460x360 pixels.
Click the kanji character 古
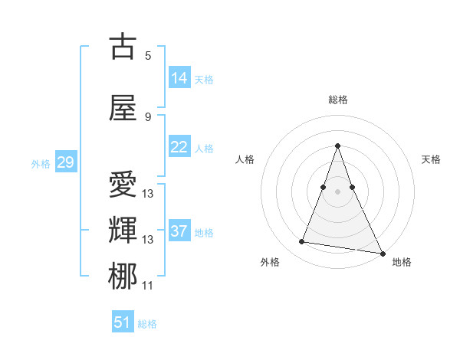pyautogui.click(x=123, y=47)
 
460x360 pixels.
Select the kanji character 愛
pyautogui.click(x=123, y=185)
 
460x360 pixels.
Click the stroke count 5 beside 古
pyautogui.click(x=148, y=55)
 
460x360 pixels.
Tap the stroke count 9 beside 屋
pyautogui.click(x=148, y=116)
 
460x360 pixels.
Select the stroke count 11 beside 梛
pyautogui.click(x=148, y=286)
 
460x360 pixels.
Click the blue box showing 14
pyautogui.click(x=179, y=78)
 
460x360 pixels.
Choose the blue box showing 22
pyautogui.click(x=179, y=147)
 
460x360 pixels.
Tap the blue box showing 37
pyautogui.click(x=179, y=231)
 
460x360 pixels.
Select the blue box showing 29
pyautogui.click(x=65, y=162)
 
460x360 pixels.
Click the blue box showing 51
pyautogui.click(x=123, y=322)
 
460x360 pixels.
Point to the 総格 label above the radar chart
pyautogui.click(x=338, y=100)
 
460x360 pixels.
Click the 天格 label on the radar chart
pyautogui.click(x=431, y=159)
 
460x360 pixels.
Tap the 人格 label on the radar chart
pyautogui.click(x=245, y=159)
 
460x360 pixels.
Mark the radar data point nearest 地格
pyautogui.click(x=382, y=252)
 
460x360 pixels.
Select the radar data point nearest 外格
pyautogui.click(x=302, y=242)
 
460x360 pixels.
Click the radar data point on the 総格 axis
pyautogui.click(x=338, y=146)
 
